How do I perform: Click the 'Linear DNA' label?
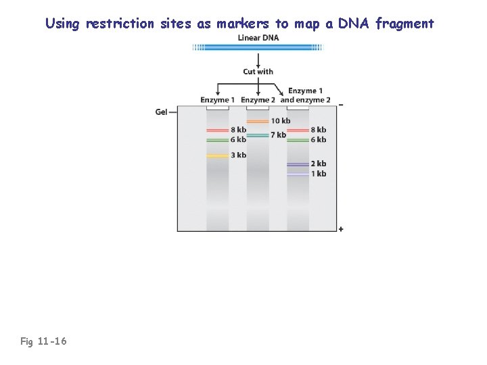tap(258, 38)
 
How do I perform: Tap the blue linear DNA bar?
tap(258, 48)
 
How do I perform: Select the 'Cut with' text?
tap(258, 72)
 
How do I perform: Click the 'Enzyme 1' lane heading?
tap(217, 100)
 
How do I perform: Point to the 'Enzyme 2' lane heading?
tap(258, 100)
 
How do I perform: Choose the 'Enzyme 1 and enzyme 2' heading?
tap(305, 95)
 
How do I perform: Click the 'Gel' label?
tap(161, 112)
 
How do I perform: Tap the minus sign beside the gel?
tap(340, 105)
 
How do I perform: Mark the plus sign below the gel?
tap(340, 229)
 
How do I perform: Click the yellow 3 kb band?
tap(217, 155)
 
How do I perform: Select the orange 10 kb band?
tap(258, 121)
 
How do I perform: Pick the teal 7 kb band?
tap(258, 135)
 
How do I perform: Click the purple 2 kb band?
tap(298, 164)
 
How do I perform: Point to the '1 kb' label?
tap(319, 174)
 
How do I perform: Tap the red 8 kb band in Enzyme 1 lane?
tap(217, 130)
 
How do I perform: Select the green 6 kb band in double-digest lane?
tap(298, 140)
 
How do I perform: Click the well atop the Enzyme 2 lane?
tap(258, 107)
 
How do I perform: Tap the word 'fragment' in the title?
tap(404, 24)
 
